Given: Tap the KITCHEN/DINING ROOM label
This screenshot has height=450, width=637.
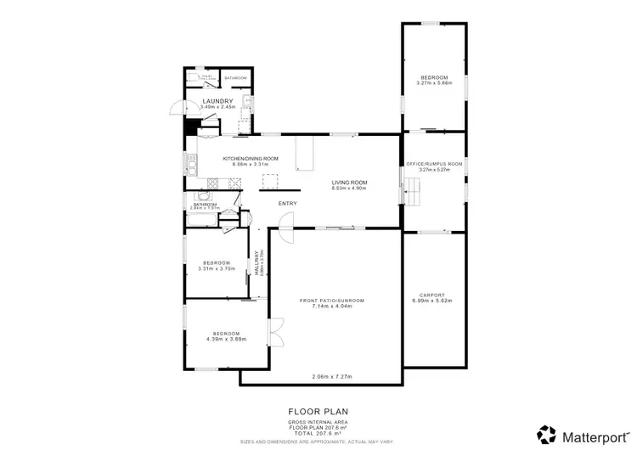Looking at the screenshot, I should coord(251,159).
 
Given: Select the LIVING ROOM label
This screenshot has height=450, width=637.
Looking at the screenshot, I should coord(348,182).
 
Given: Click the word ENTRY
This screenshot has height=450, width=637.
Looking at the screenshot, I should coord(288,203).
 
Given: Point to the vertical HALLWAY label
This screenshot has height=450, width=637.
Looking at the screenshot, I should coord(256,263).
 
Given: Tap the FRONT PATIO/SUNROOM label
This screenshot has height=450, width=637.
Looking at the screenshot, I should coord(332,300).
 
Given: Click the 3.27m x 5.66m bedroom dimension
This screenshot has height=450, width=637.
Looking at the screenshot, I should coord(434,83).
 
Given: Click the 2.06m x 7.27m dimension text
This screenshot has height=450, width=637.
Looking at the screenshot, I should coord(332,376).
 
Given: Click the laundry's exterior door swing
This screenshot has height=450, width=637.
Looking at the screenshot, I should coord(176,109).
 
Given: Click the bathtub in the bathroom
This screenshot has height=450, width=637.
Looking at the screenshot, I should coord(200,220).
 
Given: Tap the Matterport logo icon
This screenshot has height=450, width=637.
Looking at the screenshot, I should coord(547,434).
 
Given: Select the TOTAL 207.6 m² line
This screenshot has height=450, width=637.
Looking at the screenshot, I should coord(318,433).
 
